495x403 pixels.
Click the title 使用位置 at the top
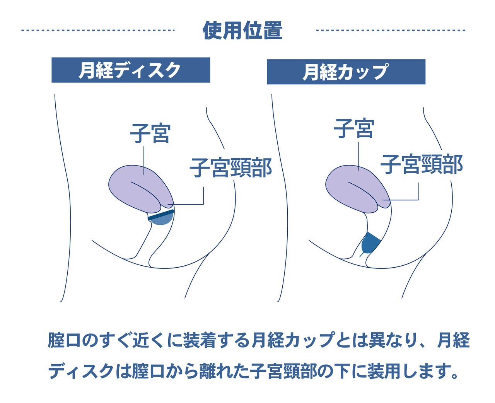[x=242, y=31]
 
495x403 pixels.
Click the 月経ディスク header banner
[x=131, y=70]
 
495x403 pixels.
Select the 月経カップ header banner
[x=346, y=72]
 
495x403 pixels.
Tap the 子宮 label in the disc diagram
[x=150, y=133]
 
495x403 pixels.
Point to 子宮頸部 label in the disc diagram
[x=231, y=167]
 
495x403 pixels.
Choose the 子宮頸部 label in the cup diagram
[x=422, y=164]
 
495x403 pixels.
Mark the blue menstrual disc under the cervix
[x=161, y=218]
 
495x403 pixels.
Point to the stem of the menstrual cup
[x=361, y=254]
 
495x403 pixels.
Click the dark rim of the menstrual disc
[x=161, y=215]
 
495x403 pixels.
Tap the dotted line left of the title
[x=98, y=30]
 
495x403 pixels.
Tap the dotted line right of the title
[x=391, y=30]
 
